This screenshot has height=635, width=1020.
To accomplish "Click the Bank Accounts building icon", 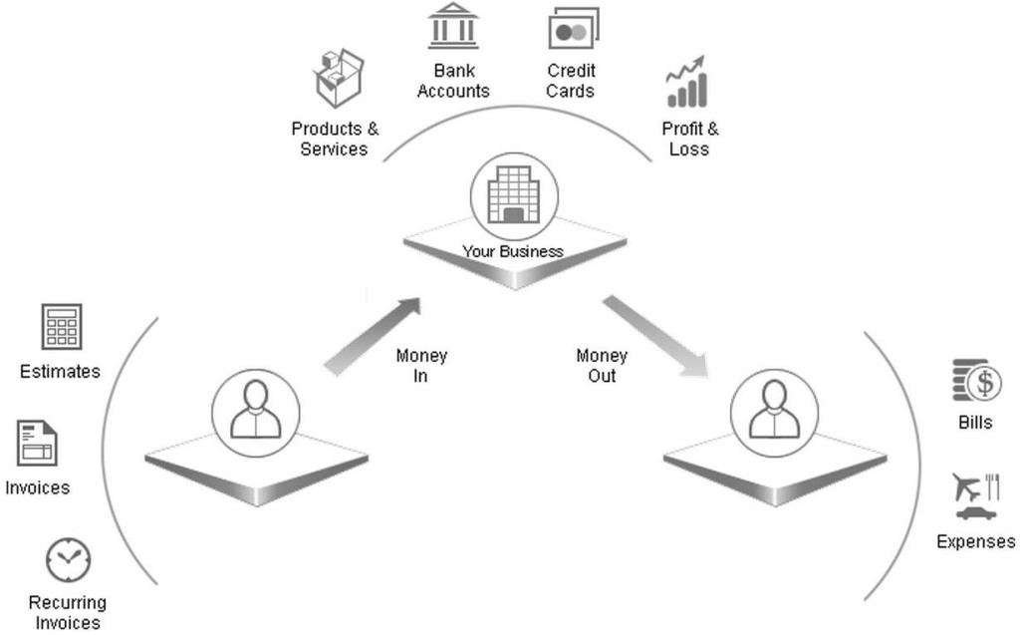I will coord(453,27).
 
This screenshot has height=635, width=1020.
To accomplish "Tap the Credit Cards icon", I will coord(573,28).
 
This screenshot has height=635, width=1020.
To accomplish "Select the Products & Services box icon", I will coord(338,79).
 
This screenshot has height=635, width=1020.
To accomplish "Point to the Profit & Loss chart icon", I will coord(687,82).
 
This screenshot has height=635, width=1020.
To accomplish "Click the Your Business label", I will coord(513,251).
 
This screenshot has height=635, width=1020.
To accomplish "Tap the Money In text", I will coord(421,366).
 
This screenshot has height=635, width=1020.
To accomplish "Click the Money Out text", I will coord(602,366).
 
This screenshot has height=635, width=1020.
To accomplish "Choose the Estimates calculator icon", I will coord(61,327).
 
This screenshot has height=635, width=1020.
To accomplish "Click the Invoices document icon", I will coord(37,444).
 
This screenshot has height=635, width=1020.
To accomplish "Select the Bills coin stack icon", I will coord(976,381).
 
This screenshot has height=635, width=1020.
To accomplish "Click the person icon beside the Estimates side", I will coord(256,411).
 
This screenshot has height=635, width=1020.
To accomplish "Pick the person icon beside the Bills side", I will coord(774,411).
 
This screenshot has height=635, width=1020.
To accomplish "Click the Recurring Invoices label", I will coord(68,612).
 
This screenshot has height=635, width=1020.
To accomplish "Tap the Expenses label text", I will coord(975,542).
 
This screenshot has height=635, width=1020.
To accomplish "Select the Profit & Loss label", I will coord(689,139).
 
